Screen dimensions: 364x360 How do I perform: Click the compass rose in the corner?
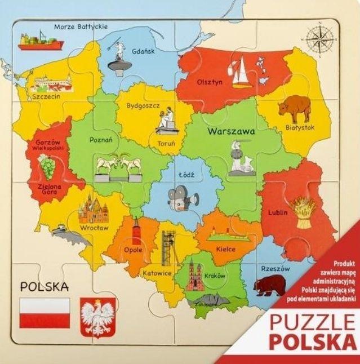[x=318, y=38]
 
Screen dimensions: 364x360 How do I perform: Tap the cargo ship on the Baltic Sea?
[x=35, y=41]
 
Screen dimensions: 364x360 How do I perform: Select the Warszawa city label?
[x=231, y=131]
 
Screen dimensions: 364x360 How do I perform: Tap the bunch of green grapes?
[x=47, y=167]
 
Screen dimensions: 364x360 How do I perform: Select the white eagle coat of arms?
[x=98, y=317]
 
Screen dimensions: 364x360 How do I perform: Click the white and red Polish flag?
[x=45, y=313]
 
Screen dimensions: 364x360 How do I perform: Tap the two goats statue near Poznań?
[x=118, y=166]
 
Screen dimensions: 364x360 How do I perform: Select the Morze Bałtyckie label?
[x=81, y=26]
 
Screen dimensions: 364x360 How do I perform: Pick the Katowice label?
[x=156, y=273]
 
